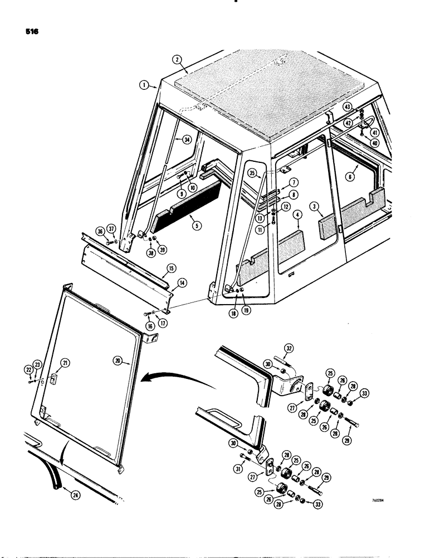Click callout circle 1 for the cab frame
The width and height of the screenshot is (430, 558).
pos(144,85)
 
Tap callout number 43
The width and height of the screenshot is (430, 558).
pos(363,107)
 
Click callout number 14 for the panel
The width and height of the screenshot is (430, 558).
pos(182,283)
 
